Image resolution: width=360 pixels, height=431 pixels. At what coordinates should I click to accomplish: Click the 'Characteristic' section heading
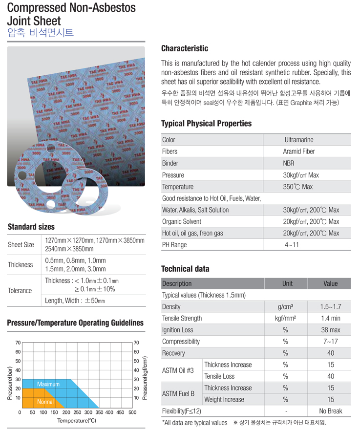[185, 48]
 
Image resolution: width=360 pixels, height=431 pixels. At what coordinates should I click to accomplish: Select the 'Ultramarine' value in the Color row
[299, 140]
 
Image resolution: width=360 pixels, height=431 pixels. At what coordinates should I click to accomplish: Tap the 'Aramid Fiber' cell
[299, 151]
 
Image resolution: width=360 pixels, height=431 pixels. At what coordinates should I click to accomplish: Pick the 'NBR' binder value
[289, 163]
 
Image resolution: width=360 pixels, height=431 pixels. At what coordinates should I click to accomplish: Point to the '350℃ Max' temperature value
[297, 187]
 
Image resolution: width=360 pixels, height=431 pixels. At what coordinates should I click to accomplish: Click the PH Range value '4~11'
[292, 245]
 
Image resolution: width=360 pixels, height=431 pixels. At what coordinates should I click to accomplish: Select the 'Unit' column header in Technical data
[287, 283]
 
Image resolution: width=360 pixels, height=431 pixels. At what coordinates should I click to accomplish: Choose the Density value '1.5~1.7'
[331, 307]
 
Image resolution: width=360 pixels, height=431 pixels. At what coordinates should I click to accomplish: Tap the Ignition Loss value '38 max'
[331, 330]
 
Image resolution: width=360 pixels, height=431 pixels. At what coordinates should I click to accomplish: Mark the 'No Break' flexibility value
[331, 411]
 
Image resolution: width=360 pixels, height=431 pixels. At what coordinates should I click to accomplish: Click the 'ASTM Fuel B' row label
[178, 393]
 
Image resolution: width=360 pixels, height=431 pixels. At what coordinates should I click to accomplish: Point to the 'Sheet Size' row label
[21, 244]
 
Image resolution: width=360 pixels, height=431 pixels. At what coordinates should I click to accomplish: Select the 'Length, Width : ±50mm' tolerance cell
[75, 301]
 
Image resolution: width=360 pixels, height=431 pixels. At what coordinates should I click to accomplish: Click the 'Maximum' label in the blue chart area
[48, 384]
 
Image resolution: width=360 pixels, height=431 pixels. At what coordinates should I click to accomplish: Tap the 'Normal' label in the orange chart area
[45, 402]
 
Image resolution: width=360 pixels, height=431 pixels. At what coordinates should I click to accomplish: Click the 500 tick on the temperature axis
[132, 412]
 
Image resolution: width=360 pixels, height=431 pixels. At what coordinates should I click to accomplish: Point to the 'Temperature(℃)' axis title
[77, 421]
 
